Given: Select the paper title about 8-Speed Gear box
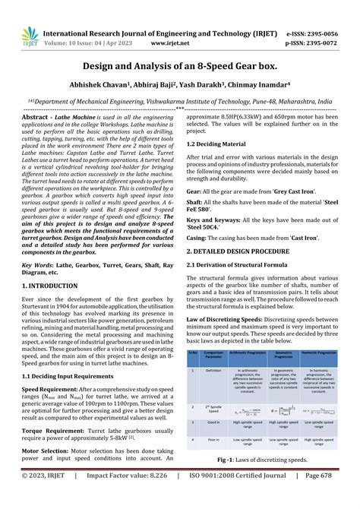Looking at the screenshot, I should (179, 66).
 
